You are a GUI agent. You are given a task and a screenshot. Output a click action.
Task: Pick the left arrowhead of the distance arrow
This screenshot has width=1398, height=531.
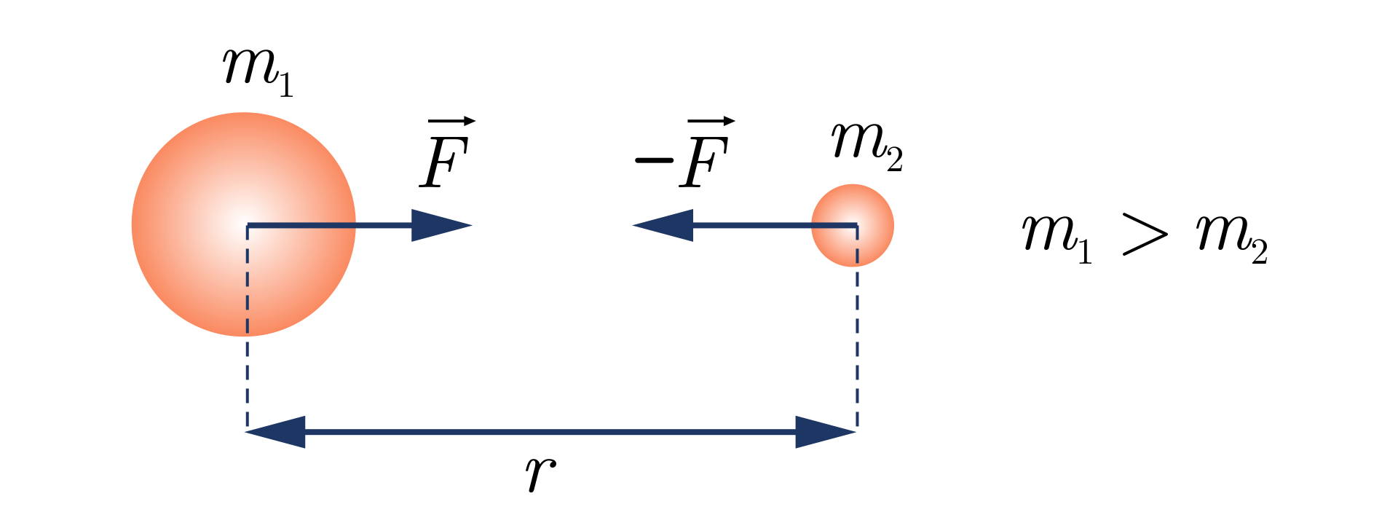pyautogui.click(x=276, y=432)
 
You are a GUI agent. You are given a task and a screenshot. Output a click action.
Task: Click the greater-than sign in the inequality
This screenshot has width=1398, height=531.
pyautogui.click(x=1145, y=235)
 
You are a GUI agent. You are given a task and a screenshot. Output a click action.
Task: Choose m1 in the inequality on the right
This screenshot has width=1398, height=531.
pyautogui.click(x=1057, y=237)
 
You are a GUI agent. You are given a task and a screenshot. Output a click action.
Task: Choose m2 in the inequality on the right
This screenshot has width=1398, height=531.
pyautogui.click(x=1231, y=237)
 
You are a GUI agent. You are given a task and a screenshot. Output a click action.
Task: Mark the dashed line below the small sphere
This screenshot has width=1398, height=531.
pyautogui.click(x=857, y=350)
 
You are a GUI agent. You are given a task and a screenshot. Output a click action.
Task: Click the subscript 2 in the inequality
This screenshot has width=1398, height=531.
pyautogui.click(x=1260, y=252)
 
